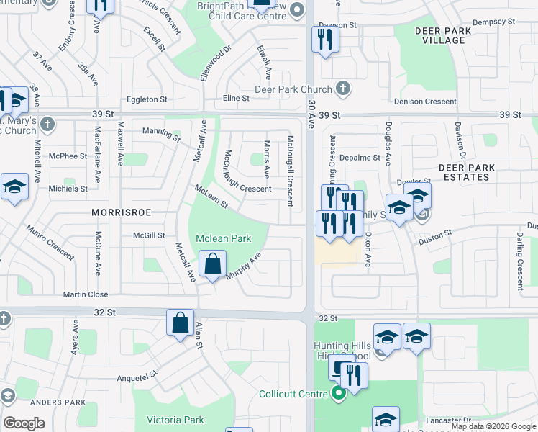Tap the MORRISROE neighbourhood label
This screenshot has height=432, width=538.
pos(119,212)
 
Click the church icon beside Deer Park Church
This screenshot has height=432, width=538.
pos(342,89)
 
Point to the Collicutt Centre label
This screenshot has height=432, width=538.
pos(295,394)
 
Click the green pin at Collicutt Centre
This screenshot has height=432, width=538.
pos(336,394)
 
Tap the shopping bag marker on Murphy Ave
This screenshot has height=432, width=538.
pos(213,265)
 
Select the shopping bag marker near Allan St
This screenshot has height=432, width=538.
pos(180,323)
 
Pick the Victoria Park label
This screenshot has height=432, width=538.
pos(175,420)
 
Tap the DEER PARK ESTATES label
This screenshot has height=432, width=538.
pos(467,172)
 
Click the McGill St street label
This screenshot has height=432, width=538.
pos(149,235)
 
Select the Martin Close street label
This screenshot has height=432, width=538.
pos(85,294)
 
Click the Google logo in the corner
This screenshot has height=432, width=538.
pos(24,423)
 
